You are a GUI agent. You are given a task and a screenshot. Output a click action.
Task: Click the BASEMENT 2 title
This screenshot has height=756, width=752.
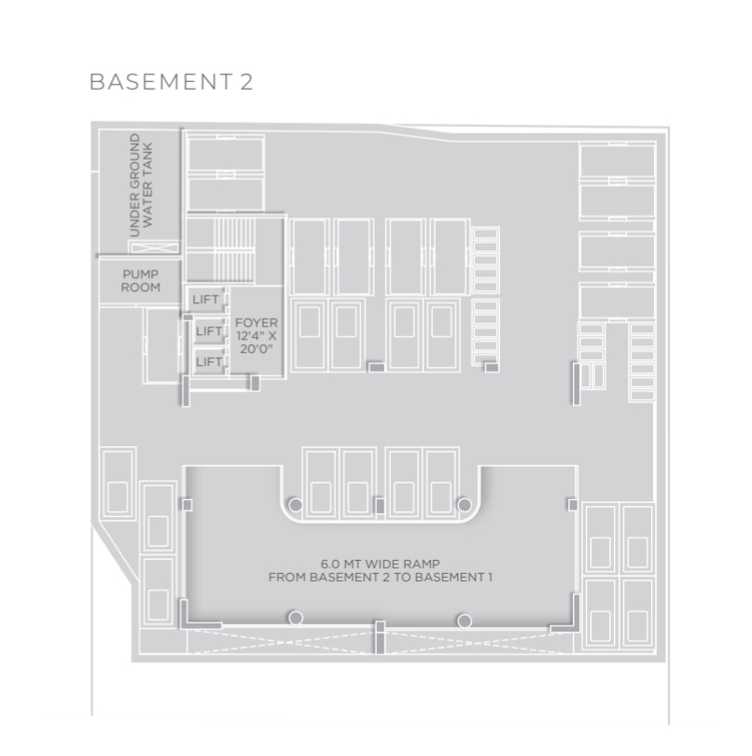171,81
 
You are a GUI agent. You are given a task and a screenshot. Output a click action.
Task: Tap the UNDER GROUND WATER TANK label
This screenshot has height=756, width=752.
141,186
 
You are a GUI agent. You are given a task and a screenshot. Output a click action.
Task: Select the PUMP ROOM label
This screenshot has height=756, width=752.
140,281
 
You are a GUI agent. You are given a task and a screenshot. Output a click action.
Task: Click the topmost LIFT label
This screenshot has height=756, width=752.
205,300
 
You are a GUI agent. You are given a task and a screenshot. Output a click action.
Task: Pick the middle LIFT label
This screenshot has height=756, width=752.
209,331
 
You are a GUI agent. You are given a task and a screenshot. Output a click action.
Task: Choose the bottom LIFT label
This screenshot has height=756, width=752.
209,361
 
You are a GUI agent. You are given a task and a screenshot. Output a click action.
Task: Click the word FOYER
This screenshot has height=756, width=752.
257,323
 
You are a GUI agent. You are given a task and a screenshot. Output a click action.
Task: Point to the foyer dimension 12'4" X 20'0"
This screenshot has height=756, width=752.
257,343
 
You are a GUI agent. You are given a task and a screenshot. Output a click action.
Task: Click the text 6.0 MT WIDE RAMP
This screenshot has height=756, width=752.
381,564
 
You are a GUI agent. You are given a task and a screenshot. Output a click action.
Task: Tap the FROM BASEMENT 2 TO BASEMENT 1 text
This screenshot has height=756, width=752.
381,577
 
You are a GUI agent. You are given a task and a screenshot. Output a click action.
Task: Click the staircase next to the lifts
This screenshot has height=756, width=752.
234,249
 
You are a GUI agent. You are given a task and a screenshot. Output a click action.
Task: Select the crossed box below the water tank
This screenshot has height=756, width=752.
155,248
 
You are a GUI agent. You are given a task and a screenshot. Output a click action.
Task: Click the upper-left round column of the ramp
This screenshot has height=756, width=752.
296,505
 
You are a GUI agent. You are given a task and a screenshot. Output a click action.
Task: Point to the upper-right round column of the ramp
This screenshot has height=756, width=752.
465,505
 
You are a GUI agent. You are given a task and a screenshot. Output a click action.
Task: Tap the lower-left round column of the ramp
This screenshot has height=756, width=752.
296,618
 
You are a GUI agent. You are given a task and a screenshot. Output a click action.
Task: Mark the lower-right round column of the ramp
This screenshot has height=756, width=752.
465,620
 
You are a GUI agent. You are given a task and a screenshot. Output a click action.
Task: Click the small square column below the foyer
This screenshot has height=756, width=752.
255,384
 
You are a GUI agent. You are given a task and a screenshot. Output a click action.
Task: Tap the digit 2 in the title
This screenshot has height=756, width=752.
246,81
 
